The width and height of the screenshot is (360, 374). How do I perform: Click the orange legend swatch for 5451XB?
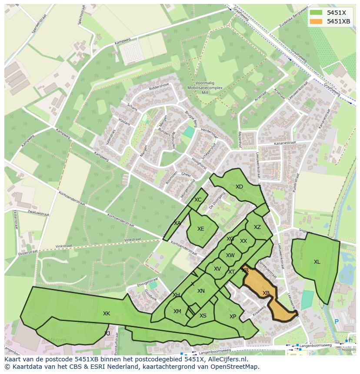316,21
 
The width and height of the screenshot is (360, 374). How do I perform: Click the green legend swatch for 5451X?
316,13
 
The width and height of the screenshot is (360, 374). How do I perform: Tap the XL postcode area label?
317,262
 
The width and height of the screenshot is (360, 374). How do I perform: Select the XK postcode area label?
107,314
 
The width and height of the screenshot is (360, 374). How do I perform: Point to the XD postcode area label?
239,187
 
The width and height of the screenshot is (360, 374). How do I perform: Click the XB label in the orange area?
266,293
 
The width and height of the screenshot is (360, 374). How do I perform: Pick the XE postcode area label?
200,229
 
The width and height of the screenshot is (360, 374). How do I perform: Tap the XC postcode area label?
198,200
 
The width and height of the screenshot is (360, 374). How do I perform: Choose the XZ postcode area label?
257,227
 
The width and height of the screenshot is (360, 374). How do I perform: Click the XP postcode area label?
233,317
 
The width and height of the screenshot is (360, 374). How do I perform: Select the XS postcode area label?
203,316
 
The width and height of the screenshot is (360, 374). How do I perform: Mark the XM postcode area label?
177,311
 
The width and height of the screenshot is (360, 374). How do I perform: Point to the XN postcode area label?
201,291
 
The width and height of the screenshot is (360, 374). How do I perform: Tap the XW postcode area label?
230,255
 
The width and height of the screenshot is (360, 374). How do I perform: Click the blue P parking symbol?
336,322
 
